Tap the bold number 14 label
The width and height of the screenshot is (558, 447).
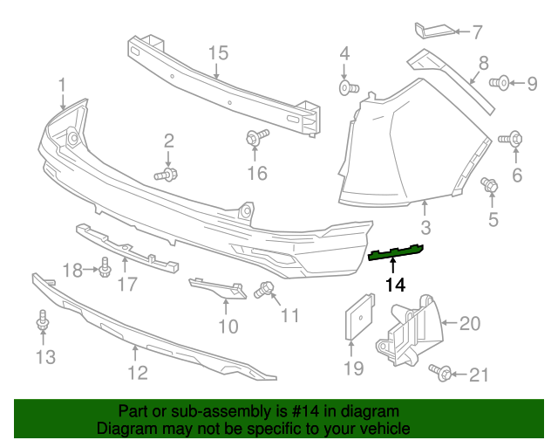click(x=395, y=285)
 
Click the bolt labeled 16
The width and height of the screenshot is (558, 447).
click(x=256, y=137)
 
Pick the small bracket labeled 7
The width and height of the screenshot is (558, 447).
click(x=433, y=31)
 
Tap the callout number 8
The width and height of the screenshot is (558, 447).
click(x=481, y=64)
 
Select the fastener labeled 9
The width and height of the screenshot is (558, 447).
click(x=500, y=84)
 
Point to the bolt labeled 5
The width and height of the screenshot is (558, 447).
click(x=490, y=185)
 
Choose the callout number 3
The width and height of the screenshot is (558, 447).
click(x=425, y=229)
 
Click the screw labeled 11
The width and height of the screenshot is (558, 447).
click(x=264, y=288)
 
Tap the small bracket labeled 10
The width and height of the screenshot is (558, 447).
click(x=217, y=287)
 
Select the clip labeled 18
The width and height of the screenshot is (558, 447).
click(x=105, y=265)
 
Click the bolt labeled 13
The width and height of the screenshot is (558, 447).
click(x=42, y=323)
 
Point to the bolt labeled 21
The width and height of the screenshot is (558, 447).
click(x=442, y=374)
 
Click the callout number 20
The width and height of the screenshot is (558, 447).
click(x=469, y=325)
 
